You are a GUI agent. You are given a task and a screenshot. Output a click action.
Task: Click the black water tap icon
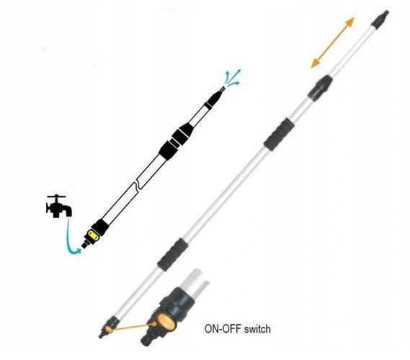tap(58, 207)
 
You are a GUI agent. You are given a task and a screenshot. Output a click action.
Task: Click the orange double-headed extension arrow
tap(333, 42)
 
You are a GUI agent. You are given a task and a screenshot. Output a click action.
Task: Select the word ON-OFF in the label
tap(223, 328)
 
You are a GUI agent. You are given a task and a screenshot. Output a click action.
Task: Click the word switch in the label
tap(257, 328)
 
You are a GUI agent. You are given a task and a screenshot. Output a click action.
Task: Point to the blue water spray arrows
tap(233, 78)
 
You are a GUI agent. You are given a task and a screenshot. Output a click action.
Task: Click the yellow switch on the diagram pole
tap(94, 235)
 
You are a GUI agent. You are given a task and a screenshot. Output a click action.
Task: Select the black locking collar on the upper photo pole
tap(320, 88)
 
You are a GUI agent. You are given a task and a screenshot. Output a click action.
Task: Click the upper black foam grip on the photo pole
tap(279, 135)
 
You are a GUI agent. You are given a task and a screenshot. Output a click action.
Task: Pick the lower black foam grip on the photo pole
tap(173, 254)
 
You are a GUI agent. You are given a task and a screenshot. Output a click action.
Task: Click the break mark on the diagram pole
tap(138, 185)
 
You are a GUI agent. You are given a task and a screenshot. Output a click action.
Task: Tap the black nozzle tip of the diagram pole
tap(215, 97)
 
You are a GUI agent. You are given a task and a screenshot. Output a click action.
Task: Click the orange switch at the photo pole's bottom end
tap(108, 329)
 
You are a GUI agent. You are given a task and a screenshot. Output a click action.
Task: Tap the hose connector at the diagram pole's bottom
tap(85, 244)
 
